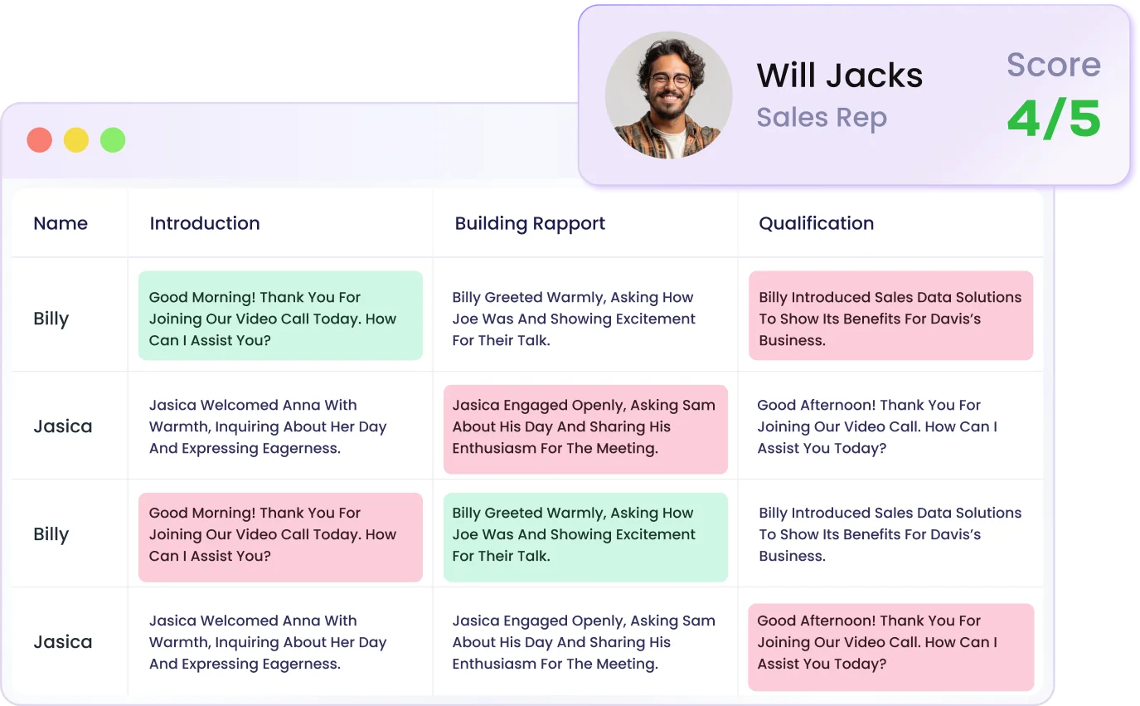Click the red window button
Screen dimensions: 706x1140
[40, 140]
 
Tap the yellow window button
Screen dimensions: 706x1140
[76, 140]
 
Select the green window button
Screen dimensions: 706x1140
[113, 140]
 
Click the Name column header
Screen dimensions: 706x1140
[61, 223]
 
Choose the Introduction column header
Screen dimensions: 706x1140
[205, 223]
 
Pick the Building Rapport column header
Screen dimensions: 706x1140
[530, 223]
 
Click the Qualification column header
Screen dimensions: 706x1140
[817, 223]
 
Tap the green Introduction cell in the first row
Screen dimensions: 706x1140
[280, 316]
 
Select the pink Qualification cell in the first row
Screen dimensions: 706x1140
[890, 316]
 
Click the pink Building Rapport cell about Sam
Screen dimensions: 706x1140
[585, 428]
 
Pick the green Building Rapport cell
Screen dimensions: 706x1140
[585, 536]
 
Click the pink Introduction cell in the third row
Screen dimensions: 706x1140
[280, 536]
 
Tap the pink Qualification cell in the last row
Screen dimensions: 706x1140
[890, 645]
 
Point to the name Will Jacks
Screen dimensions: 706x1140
[839, 76]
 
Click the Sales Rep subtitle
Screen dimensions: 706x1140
[821, 118]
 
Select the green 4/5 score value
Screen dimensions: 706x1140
[1054, 119]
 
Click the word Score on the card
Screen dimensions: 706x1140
[1054, 65]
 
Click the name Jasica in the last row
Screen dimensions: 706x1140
[63, 642]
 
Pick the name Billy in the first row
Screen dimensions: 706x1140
[51, 319]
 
